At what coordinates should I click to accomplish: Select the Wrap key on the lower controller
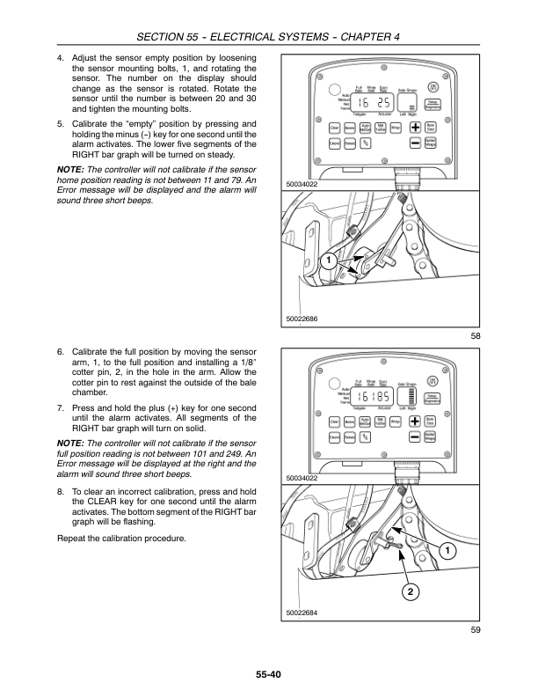(396, 422)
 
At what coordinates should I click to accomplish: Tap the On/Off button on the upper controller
(433, 86)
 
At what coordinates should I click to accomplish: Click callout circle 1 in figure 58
(326, 261)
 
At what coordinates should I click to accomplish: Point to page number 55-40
(269, 676)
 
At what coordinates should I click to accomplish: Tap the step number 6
(60, 349)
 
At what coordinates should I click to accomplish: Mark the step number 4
(60, 55)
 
